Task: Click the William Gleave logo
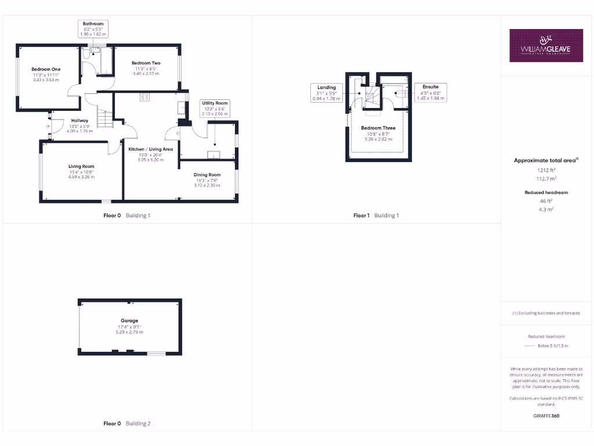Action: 546,45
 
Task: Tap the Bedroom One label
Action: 46,74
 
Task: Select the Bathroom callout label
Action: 93,29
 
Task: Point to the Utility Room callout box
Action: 215,109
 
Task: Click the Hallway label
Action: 80,125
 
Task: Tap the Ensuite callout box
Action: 430,93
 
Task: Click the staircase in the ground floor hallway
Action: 104,120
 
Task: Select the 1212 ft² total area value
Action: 546,170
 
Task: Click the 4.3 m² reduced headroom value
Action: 546,209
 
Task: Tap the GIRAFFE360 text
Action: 546,416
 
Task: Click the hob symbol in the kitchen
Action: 144,98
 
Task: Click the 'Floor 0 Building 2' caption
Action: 127,423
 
